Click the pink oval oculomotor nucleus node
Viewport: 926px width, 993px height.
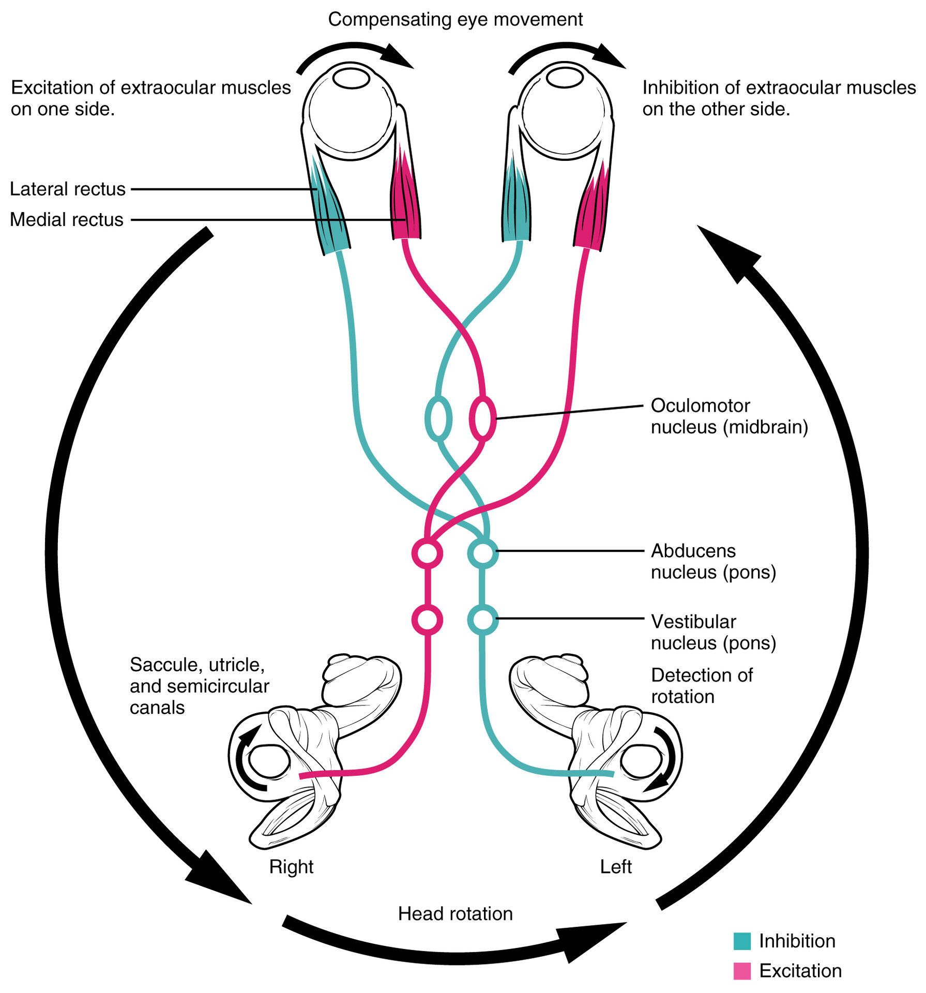(x=483, y=418)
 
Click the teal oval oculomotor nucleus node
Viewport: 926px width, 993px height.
(x=438, y=418)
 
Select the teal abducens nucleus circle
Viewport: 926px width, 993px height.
(x=483, y=553)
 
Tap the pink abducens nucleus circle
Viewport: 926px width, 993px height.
(x=427, y=553)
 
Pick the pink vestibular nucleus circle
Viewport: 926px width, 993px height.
(x=427, y=619)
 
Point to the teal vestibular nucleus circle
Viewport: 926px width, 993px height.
(x=483, y=619)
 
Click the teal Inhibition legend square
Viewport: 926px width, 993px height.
(x=742, y=941)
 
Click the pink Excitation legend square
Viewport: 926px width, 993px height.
(x=742, y=971)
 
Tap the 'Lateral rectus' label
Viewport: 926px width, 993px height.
(x=68, y=189)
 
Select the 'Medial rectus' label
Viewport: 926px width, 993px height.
(x=67, y=220)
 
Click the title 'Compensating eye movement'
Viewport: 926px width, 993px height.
(x=455, y=20)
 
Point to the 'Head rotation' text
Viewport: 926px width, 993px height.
(x=455, y=914)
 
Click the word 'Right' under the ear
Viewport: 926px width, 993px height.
(x=291, y=867)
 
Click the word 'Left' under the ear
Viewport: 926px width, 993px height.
(x=616, y=867)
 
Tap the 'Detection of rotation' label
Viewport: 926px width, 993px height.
(x=701, y=686)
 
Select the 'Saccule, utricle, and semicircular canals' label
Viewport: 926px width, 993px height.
(x=199, y=686)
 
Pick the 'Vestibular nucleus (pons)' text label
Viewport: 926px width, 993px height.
(x=713, y=632)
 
